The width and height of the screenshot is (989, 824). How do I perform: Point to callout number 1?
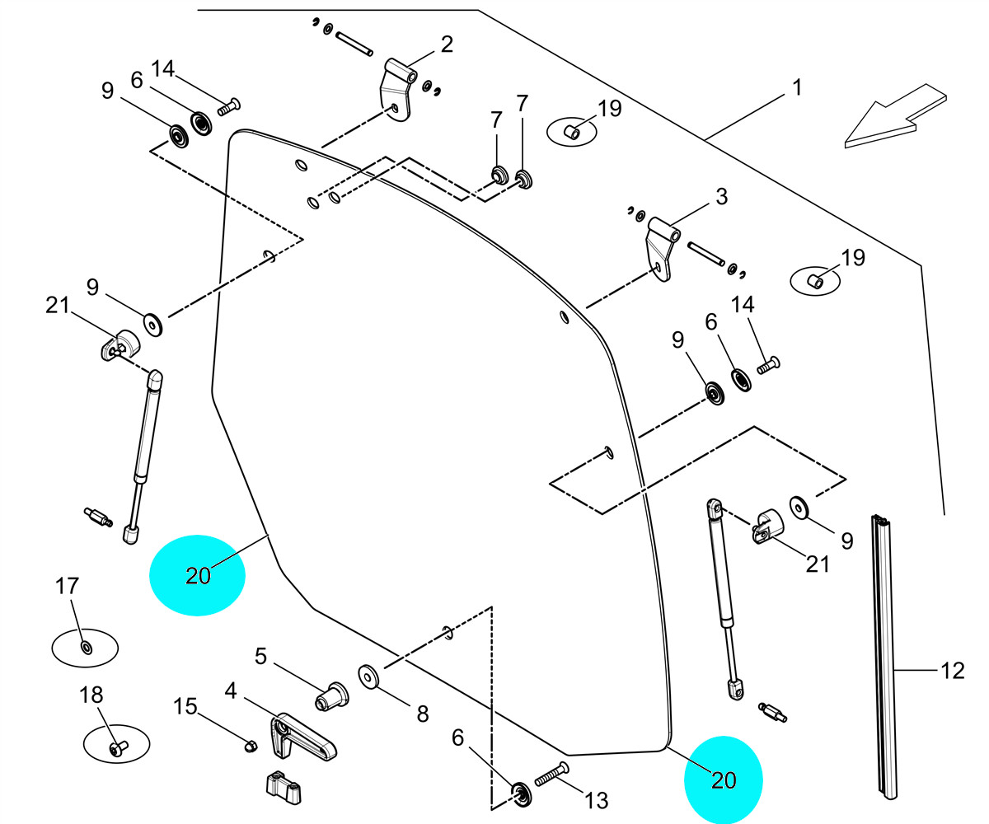tap(797, 87)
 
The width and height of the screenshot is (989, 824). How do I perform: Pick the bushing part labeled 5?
tap(330, 695)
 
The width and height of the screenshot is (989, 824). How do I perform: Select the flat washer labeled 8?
tap(368, 676)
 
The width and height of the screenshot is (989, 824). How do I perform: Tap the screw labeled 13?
tap(552, 774)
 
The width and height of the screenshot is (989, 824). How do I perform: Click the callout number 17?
tap(67, 586)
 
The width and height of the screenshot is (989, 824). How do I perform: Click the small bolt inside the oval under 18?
tap(116, 747)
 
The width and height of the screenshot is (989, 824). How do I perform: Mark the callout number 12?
tap(952, 671)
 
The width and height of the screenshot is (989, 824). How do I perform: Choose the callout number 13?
tap(596, 799)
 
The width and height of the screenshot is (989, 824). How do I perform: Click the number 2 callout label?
tap(446, 44)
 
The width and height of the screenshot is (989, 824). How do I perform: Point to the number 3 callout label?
tap(721, 197)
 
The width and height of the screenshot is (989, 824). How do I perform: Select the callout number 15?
tap(185, 706)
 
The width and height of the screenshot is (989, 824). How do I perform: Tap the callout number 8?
tap(422, 714)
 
